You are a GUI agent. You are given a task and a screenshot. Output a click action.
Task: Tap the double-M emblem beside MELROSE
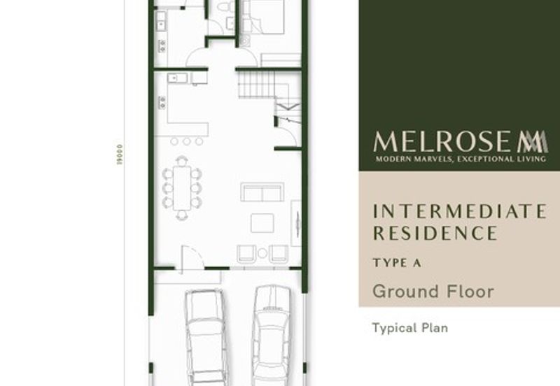533,141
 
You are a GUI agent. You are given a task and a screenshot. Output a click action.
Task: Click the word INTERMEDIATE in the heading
459,211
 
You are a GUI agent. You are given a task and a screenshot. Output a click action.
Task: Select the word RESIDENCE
435,233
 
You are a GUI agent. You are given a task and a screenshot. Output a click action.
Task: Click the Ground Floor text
433,291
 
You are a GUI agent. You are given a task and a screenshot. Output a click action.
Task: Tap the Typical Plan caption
409,327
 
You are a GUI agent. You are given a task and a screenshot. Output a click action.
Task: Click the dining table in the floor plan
182,187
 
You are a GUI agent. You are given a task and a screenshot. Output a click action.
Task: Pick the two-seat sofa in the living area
262,192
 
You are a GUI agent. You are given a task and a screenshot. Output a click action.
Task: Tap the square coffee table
262,223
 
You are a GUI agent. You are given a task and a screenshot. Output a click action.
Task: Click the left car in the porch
204,336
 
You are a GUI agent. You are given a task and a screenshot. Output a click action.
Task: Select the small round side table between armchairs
262,253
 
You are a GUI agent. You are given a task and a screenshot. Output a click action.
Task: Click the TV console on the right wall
296,222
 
